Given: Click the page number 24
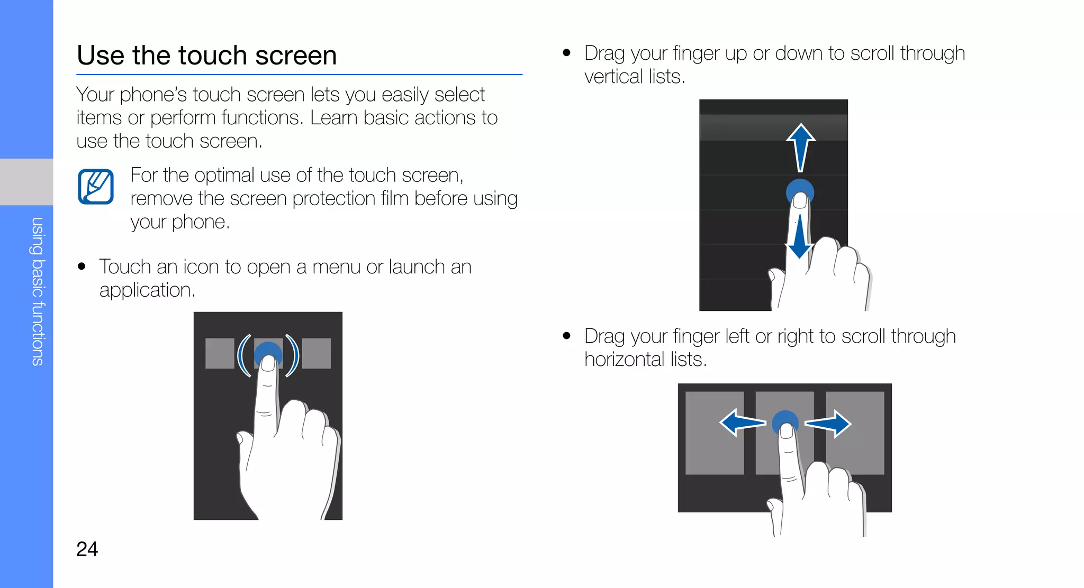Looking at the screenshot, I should pyautogui.click(x=87, y=549).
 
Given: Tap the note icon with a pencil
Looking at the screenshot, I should pyautogui.click(x=96, y=187).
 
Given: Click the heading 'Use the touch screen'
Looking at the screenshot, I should pyautogui.click(x=206, y=56).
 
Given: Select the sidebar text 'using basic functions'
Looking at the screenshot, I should pyautogui.click(x=37, y=291).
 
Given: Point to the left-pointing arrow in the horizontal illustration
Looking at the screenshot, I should pyautogui.click(x=742, y=422).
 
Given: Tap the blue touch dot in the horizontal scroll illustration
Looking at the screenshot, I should pyautogui.click(x=785, y=421).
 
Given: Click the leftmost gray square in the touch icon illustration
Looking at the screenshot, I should pyautogui.click(x=220, y=353).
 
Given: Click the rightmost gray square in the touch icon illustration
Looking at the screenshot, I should pyautogui.click(x=317, y=353).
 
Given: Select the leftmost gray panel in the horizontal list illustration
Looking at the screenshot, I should pyautogui.click(x=714, y=433).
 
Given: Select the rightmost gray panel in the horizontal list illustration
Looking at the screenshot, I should pyautogui.click(x=855, y=433).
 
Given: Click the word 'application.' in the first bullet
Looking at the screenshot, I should pyautogui.click(x=147, y=290).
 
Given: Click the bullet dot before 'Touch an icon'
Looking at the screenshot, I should pyautogui.click(x=82, y=267).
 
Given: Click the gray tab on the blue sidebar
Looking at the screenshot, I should pyautogui.click(x=26, y=181).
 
